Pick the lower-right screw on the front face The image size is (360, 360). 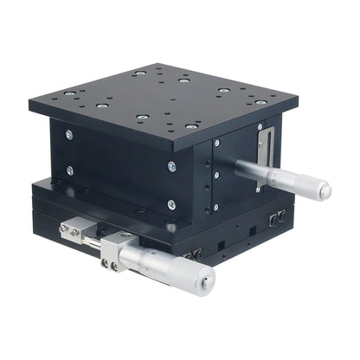tap(171, 205)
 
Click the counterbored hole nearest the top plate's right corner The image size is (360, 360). tap(260, 102)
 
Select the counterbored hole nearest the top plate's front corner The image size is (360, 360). tap(190, 126)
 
